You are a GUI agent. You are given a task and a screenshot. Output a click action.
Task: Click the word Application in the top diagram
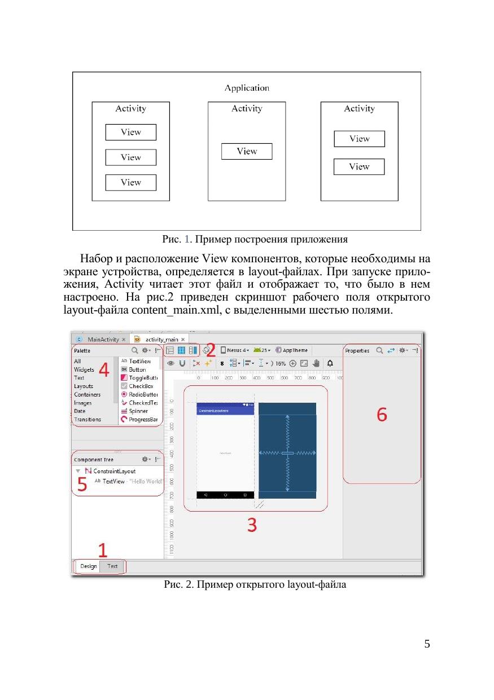(247, 88)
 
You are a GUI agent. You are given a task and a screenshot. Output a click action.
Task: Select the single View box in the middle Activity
(247, 151)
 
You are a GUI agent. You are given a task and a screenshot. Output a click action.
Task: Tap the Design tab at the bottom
(89, 566)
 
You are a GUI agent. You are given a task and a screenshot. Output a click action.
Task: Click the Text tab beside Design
(112, 566)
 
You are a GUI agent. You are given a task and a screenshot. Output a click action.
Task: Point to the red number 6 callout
(382, 415)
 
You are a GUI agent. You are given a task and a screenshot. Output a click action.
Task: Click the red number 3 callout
(252, 525)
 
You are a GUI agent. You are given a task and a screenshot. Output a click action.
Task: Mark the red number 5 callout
(82, 485)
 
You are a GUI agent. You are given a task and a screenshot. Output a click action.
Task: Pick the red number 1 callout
(103, 550)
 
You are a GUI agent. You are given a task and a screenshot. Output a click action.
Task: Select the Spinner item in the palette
(138, 411)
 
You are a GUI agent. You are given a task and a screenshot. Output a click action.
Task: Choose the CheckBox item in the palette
(141, 386)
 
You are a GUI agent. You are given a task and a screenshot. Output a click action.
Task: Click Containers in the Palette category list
(88, 394)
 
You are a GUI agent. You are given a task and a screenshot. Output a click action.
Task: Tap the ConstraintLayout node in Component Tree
(113, 471)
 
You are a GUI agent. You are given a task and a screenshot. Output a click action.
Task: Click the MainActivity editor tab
(103, 340)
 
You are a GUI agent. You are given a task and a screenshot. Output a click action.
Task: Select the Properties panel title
(357, 350)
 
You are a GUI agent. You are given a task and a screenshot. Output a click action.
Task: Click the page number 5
(427, 644)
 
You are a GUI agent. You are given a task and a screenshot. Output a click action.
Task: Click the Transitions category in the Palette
(88, 419)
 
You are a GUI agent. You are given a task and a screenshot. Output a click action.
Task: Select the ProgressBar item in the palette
(142, 419)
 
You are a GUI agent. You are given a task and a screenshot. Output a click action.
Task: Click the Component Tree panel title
(94, 460)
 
